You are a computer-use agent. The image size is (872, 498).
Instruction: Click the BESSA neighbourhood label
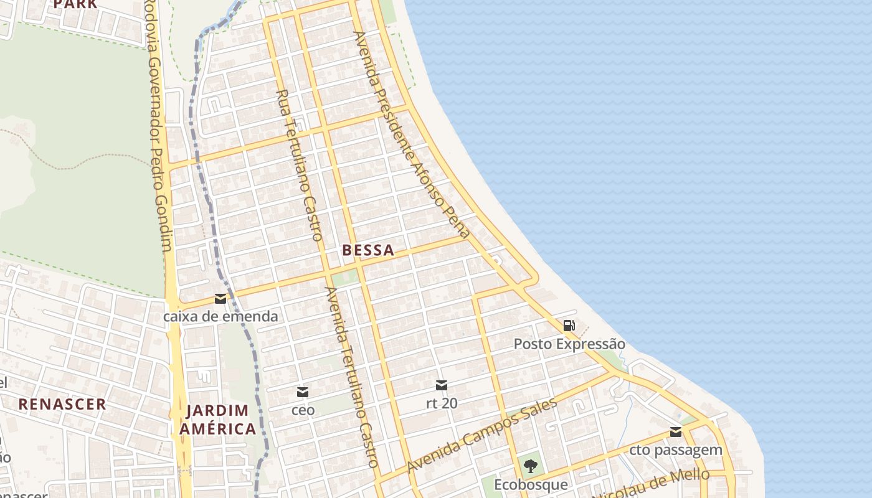click(368, 250)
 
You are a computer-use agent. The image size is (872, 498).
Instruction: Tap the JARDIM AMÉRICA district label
click(217, 420)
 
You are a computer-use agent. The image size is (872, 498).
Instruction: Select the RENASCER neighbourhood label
click(62, 404)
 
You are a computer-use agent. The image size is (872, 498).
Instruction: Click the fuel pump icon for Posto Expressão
click(569, 325)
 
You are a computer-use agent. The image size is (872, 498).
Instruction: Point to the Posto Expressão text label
click(569, 344)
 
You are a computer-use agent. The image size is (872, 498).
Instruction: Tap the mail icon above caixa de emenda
click(220, 299)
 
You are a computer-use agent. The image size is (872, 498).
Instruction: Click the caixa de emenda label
click(220, 316)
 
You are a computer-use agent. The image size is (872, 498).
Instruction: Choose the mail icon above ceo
click(303, 392)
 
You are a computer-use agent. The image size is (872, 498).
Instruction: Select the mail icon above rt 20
click(442, 385)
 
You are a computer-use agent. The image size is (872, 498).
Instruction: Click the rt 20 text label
click(442, 403)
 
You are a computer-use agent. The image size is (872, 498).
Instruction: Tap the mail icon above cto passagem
click(676, 432)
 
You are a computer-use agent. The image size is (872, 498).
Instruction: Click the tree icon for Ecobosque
click(531, 466)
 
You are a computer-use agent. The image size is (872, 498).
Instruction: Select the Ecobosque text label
click(531, 484)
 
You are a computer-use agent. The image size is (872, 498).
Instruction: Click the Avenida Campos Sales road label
click(482, 435)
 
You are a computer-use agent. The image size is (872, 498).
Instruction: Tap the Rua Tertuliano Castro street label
click(300, 165)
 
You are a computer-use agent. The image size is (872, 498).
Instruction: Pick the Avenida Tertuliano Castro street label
click(351, 377)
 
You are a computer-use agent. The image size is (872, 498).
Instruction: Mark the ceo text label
click(303, 410)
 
